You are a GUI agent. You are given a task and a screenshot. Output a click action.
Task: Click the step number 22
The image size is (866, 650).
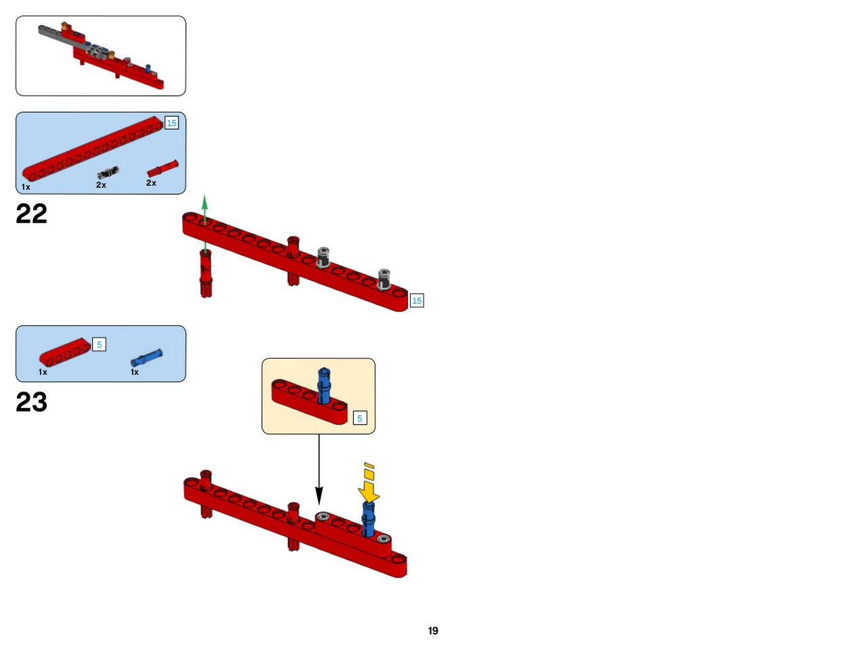coord(32,214)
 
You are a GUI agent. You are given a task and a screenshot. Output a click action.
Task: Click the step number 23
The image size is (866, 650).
coord(32,402)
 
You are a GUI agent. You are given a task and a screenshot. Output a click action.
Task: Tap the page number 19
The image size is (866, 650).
coord(433,630)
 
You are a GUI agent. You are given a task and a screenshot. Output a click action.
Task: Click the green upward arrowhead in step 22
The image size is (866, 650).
coord(204,202)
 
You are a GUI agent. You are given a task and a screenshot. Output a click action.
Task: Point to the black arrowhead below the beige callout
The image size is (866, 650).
coord(319,495)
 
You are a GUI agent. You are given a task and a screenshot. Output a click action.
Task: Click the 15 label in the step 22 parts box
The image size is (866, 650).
coord(172,122)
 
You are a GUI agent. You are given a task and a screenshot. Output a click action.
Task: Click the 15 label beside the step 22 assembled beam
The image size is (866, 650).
coord(417,300)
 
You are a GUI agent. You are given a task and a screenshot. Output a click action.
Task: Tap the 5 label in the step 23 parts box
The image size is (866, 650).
coord(99,344)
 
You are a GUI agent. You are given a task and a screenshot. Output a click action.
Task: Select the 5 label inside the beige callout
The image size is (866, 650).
coord(360,418)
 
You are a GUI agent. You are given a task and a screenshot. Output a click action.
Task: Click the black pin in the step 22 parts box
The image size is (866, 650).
coord(108,172)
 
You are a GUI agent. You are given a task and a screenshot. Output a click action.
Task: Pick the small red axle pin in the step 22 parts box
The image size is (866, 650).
coord(162,168)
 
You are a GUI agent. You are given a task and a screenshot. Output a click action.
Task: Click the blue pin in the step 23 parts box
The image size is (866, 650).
coord(146,357)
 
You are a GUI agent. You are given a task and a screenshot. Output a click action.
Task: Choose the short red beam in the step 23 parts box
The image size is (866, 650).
coord(65,352)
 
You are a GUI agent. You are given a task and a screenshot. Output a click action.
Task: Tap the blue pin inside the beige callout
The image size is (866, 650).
coord(324,386)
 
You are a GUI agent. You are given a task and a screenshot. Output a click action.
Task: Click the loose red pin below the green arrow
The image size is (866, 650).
coord(206,273)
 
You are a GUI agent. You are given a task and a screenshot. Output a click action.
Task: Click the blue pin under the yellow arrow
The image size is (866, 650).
coord(368,519)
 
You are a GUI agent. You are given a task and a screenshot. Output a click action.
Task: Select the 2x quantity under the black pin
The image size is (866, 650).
coord(101,185)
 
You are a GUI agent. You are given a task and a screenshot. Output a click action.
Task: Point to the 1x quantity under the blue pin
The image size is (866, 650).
coord(135,372)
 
